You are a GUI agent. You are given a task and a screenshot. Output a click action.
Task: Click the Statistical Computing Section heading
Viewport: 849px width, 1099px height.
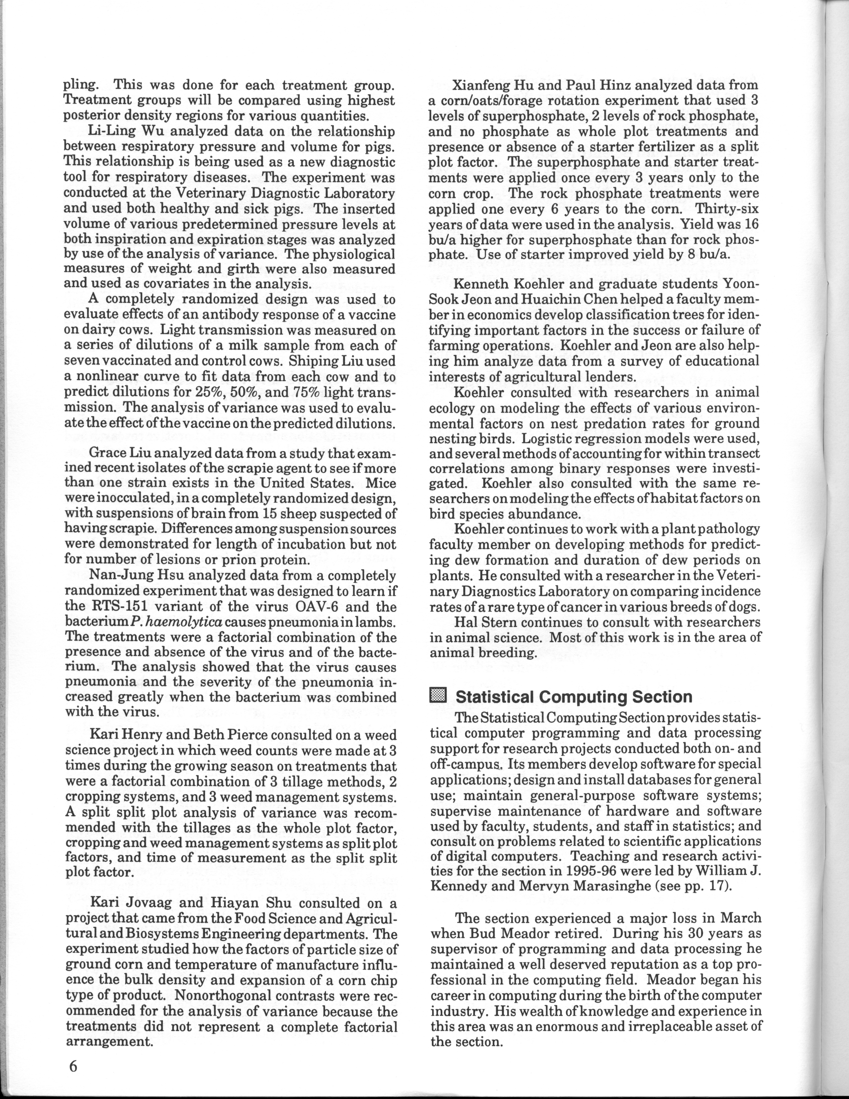click(573, 696)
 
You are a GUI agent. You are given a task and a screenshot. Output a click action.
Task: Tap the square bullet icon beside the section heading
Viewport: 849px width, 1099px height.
click(439, 696)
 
